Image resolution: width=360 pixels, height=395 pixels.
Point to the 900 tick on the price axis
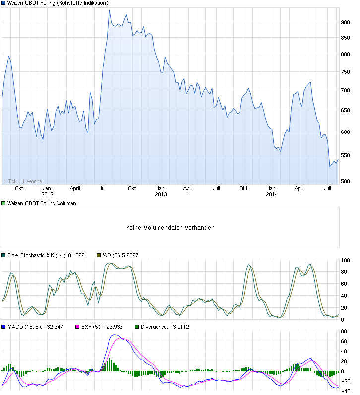pyautogui.click(x=346, y=22)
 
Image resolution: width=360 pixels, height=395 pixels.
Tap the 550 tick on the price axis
pyautogui.click(x=346, y=155)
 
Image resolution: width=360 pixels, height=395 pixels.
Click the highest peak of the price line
pyautogui.click(x=109, y=10)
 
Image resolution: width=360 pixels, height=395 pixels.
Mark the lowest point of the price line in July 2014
pyautogui.click(x=330, y=167)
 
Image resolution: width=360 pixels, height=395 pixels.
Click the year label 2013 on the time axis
pyautogui.click(x=161, y=194)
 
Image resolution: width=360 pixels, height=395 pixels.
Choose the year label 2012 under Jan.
pyautogui.click(x=48, y=194)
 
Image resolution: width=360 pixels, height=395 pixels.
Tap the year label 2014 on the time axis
pyautogui.click(x=272, y=194)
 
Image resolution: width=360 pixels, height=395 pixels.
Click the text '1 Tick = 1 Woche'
pyautogui.click(x=23, y=181)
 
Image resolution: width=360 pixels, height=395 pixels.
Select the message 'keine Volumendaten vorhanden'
pyautogui.click(x=171, y=228)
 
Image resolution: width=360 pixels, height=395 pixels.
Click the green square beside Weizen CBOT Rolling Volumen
pyautogui.click(x=4, y=204)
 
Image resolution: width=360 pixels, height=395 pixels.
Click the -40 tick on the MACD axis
pyautogui.click(x=346, y=391)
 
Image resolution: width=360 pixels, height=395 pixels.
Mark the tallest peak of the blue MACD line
pyautogui.click(x=115, y=335)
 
